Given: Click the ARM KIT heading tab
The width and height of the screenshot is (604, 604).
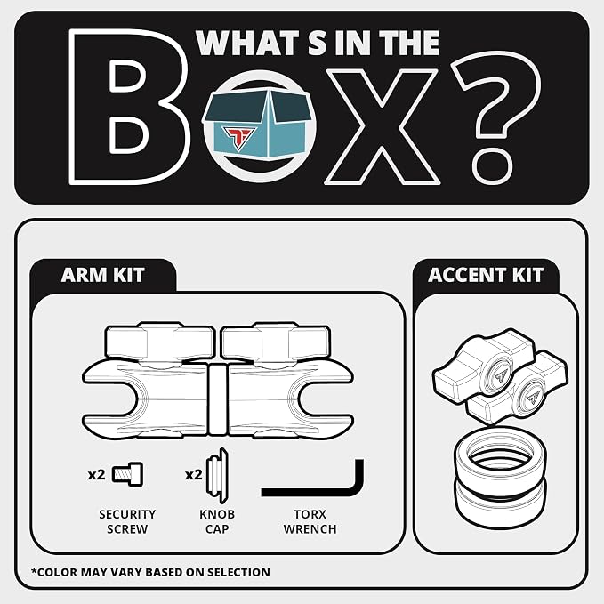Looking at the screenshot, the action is [103, 275].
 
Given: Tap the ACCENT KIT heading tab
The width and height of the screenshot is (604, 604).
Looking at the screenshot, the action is [486, 275].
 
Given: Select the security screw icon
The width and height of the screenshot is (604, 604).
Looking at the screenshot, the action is [127, 474].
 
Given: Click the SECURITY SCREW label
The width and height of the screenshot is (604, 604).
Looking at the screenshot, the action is [127, 521].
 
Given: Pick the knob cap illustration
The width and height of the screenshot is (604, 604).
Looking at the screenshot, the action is [217, 476].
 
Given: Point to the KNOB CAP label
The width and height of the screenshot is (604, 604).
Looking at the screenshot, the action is [217, 521].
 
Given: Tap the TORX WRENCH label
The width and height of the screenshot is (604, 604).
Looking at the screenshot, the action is [310, 521].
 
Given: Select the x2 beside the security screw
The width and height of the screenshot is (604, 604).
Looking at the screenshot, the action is [96, 475].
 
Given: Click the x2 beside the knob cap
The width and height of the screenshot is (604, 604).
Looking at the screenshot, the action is [193, 475].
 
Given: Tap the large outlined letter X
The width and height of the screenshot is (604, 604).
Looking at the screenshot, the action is [383, 126].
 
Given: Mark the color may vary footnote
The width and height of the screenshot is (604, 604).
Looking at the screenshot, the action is [150, 572].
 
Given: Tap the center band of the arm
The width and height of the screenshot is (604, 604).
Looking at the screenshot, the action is [218, 399].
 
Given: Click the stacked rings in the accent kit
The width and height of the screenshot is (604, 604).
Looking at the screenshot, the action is [501, 478].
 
